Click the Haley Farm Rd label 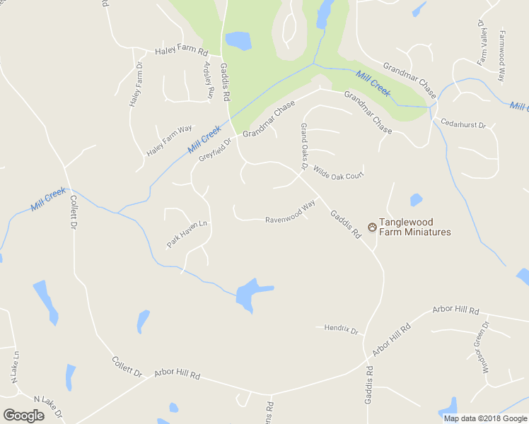181,52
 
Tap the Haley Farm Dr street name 135,84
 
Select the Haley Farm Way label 170,141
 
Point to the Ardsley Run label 209,81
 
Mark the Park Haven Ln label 187,234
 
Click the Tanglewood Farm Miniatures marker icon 372,227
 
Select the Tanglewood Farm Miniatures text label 414,227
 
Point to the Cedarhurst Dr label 463,124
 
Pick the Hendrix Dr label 342,329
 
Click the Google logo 23,415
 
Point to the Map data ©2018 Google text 484,418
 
